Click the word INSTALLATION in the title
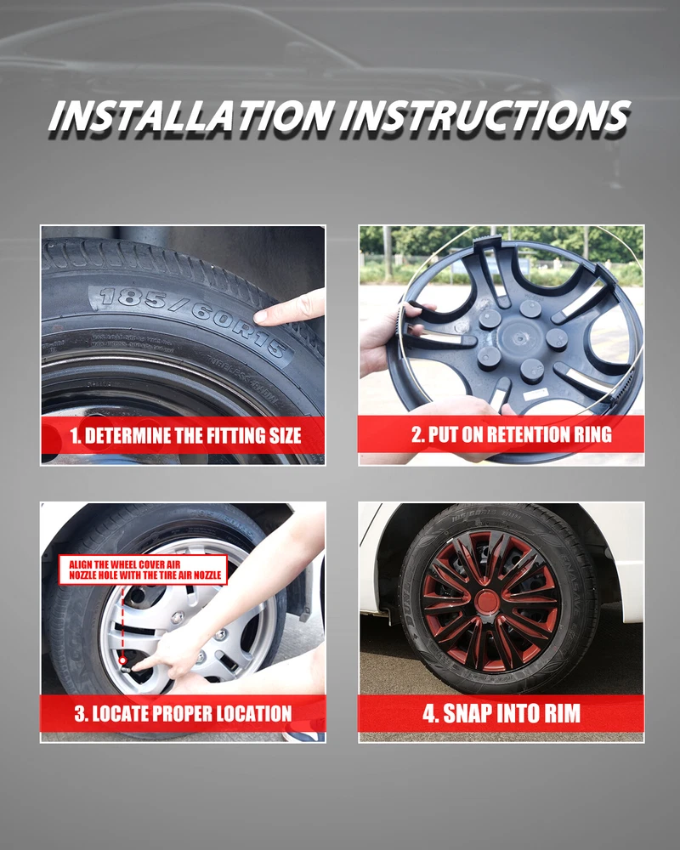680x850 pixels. pyautogui.click(x=190, y=116)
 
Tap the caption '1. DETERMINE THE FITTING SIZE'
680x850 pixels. pyautogui.click(x=185, y=435)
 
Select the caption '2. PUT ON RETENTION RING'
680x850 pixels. pyautogui.click(x=512, y=434)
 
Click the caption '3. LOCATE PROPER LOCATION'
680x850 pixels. pyautogui.click(x=184, y=713)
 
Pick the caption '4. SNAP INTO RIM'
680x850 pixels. pyautogui.click(x=501, y=713)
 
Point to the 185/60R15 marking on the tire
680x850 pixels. pyautogui.click(x=193, y=321)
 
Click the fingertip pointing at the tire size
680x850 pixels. pyautogui.click(x=260, y=316)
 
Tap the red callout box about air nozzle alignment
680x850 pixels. pyautogui.click(x=143, y=569)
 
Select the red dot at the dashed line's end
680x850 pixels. pyautogui.click(x=123, y=660)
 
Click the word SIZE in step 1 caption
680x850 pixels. pyautogui.click(x=284, y=435)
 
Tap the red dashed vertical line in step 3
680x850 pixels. pyautogui.click(x=122, y=620)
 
